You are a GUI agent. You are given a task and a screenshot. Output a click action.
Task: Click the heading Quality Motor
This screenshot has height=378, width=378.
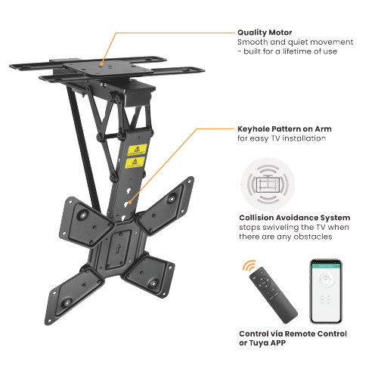[x=265, y=33]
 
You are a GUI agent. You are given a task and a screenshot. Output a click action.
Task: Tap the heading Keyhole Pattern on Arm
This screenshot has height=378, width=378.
[x=284, y=129]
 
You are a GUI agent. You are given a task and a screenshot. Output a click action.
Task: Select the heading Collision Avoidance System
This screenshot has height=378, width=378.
[x=295, y=218]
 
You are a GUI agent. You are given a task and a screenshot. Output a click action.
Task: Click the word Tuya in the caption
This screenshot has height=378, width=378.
[x=259, y=343]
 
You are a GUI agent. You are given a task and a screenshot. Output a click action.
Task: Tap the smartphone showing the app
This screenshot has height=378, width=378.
[x=326, y=291]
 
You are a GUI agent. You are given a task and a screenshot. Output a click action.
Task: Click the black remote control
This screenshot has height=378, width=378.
[x=273, y=295]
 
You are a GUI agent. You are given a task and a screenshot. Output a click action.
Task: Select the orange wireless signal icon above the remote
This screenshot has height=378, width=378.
[x=249, y=266]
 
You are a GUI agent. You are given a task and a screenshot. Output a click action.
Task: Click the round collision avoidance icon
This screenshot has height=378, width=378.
[x=268, y=184]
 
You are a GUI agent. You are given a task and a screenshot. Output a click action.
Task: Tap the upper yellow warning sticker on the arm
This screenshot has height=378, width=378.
[x=137, y=150]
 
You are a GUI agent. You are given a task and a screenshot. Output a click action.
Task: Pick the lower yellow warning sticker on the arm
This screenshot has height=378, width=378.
[x=135, y=163]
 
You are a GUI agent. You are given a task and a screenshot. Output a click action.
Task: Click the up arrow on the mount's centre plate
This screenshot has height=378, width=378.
[x=118, y=248]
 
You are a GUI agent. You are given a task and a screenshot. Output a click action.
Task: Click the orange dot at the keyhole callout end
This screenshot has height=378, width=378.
[x=130, y=202]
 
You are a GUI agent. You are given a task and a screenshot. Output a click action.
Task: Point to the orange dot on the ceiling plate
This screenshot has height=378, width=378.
[x=101, y=64]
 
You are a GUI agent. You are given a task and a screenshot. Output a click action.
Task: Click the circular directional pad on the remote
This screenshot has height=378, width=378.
[x=264, y=283]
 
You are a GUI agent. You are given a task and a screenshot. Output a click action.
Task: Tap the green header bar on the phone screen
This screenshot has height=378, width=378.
[x=326, y=266]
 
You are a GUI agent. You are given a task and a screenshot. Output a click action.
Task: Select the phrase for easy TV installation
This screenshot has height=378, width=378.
[x=281, y=138]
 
